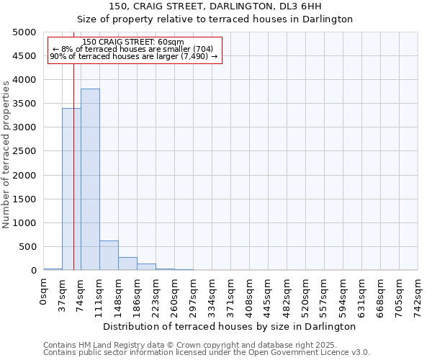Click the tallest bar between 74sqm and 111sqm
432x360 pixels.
[x=90, y=179]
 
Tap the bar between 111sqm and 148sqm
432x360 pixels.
[x=109, y=256]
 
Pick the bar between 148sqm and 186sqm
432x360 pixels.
[x=127, y=264]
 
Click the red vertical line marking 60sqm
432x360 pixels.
[x=74, y=144]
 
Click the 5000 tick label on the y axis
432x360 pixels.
[x=24, y=32]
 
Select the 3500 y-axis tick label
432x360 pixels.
[x=24, y=104]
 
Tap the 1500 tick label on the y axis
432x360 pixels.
[x=24, y=199]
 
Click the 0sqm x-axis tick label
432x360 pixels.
[x=44, y=289]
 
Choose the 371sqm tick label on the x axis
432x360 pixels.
[x=231, y=294]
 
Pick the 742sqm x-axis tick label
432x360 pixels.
[x=418, y=294]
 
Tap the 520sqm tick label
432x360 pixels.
[x=306, y=294]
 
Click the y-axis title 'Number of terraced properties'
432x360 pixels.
[x=6, y=154]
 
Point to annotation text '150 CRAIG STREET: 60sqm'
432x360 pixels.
[x=133, y=42]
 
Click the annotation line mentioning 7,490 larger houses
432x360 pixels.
[x=133, y=56]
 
